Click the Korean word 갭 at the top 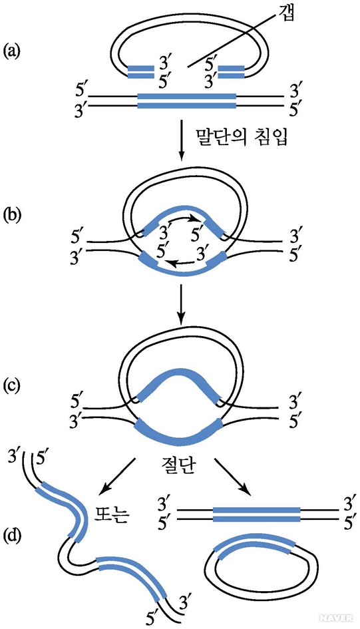285,15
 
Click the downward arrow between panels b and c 181,305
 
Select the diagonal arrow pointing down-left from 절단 116,475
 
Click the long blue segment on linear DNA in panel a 187,101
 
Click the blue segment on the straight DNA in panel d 256,515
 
